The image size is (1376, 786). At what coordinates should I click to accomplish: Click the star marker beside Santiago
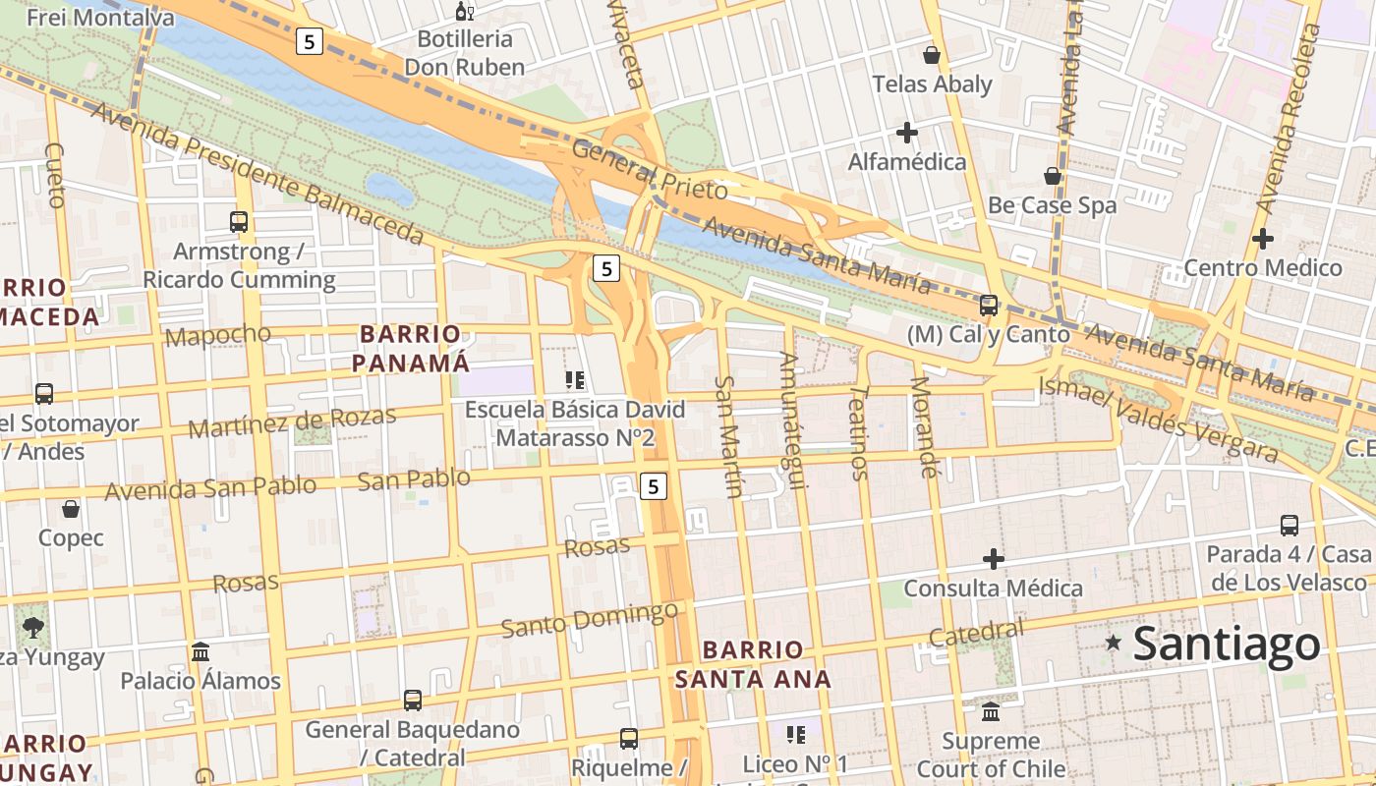(x=1113, y=643)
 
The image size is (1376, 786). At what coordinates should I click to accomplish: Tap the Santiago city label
(x=1227, y=645)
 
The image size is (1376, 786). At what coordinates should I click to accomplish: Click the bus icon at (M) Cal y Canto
(x=989, y=306)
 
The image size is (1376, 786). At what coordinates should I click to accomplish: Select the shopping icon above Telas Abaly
(x=931, y=55)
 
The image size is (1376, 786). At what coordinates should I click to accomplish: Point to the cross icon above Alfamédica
(x=907, y=132)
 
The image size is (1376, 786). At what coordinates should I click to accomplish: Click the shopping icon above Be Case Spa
(x=1053, y=176)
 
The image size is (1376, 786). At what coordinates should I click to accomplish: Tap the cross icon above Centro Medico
(x=1263, y=238)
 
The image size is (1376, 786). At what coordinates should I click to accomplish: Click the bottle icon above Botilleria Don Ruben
(x=465, y=12)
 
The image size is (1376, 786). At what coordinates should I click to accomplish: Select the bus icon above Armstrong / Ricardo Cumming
(x=239, y=222)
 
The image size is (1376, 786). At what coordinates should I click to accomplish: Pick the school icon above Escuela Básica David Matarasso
(x=575, y=379)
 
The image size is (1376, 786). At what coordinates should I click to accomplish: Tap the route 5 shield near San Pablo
(x=654, y=485)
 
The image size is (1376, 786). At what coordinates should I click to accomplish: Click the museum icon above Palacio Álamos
(x=201, y=651)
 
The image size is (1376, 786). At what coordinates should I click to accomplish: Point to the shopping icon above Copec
(x=71, y=509)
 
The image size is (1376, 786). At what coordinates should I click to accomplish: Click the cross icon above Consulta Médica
(x=994, y=559)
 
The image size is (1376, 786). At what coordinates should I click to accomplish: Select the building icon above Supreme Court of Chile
(x=991, y=711)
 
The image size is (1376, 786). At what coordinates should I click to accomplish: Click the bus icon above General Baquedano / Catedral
(x=413, y=701)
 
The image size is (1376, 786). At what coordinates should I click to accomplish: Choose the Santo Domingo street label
(x=589, y=620)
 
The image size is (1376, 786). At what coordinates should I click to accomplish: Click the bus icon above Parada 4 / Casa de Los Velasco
(x=1290, y=526)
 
